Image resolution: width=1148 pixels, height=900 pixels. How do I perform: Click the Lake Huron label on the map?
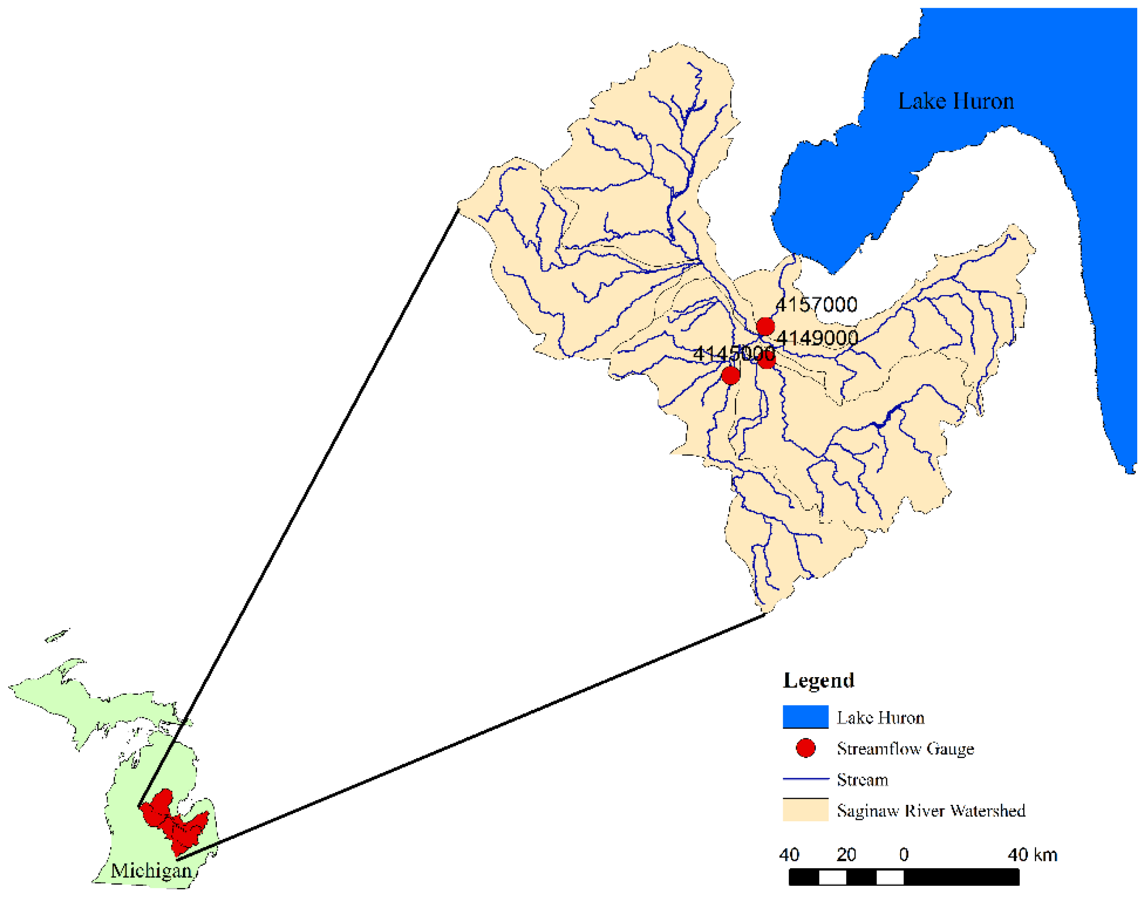click(x=955, y=101)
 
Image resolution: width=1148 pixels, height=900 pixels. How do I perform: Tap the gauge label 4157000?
click(x=816, y=305)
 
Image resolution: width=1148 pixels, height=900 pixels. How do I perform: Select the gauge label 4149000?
click(x=817, y=338)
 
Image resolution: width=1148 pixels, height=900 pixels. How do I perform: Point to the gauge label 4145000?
click(x=734, y=354)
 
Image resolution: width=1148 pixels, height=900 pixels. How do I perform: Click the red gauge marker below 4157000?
click(x=765, y=327)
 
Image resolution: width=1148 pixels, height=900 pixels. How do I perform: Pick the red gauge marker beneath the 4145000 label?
click(x=730, y=376)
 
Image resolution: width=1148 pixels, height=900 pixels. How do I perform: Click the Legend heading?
click(x=818, y=680)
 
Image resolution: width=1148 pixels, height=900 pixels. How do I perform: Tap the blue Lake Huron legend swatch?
click(x=805, y=717)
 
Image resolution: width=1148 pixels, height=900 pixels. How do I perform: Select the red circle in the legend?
click(x=805, y=748)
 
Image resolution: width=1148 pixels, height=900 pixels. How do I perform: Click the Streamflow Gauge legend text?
click(x=905, y=749)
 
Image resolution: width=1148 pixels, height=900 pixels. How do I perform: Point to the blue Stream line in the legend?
click(x=805, y=778)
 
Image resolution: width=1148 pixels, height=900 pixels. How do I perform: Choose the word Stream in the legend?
click(x=862, y=780)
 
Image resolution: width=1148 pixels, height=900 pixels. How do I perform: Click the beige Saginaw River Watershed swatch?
click(x=805, y=811)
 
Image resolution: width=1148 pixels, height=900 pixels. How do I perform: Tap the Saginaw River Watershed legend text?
click(x=931, y=811)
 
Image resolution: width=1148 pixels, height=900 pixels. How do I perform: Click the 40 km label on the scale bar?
click(x=1032, y=855)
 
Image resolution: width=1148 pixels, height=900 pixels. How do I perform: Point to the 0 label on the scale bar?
click(x=904, y=855)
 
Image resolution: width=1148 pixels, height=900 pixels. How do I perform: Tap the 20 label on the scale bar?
click(x=846, y=855)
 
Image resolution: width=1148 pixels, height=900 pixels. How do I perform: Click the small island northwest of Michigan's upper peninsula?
click(x=57, y=636)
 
